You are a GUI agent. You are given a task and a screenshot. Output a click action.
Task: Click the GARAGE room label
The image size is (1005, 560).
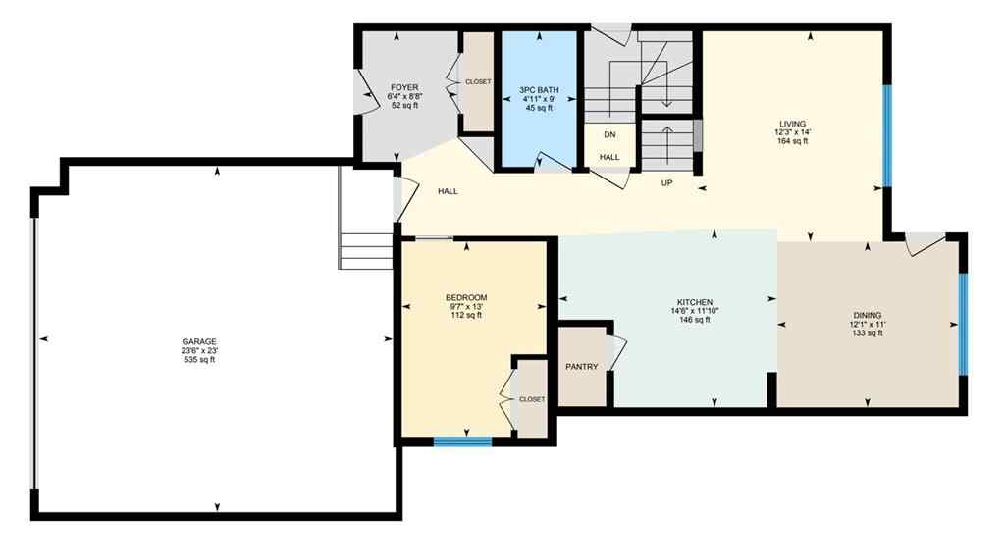(197, 341)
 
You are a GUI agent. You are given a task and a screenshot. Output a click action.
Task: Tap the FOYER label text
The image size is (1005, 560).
(404, 87)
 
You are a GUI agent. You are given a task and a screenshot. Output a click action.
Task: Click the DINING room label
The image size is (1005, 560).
(867, 316)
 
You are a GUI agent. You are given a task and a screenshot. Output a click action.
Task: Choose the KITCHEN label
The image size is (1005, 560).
(694, 302)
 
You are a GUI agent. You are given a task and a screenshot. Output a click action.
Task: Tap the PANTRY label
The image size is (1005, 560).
(582, 367)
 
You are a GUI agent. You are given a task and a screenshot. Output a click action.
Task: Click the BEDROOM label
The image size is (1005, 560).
(466, 297)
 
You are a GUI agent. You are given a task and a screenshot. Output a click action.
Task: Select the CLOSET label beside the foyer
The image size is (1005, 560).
(479, 82)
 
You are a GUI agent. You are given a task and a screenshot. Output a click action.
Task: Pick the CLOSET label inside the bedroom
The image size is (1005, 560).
(532, 399)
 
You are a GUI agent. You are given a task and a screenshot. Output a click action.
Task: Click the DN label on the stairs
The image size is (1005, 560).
(609, 134)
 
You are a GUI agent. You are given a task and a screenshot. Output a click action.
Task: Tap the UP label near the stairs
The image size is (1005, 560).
(666, 182)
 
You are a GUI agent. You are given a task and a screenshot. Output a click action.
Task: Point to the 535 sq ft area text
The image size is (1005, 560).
(197, 360)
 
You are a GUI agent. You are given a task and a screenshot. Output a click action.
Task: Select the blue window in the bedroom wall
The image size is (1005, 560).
(462, 442)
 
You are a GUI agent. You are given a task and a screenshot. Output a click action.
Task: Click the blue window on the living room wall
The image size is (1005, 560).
(886, 137)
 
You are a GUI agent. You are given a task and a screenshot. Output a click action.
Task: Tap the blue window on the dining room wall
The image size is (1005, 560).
(963, 324)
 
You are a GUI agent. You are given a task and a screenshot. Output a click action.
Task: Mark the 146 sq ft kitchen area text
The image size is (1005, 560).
(694, 320)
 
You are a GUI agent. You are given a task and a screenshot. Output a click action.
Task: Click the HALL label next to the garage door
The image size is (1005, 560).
(448, 191)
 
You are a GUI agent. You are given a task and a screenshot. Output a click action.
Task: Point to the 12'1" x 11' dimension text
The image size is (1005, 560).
(867, 325)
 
